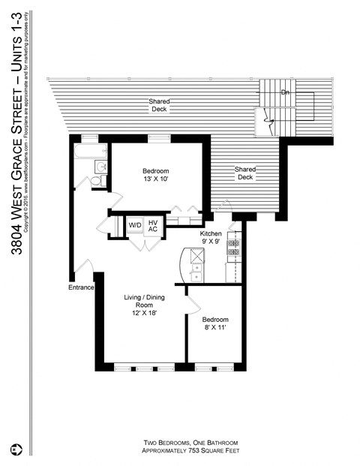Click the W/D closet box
pos(135,225)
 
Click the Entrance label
pos(81,287)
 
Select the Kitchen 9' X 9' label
pos(211,238)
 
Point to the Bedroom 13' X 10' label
pos(156,175)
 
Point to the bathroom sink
pos(101,167)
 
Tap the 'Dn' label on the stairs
pos(285,92)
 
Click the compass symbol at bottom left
pos(16,449)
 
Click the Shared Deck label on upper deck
pos(158,105)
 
